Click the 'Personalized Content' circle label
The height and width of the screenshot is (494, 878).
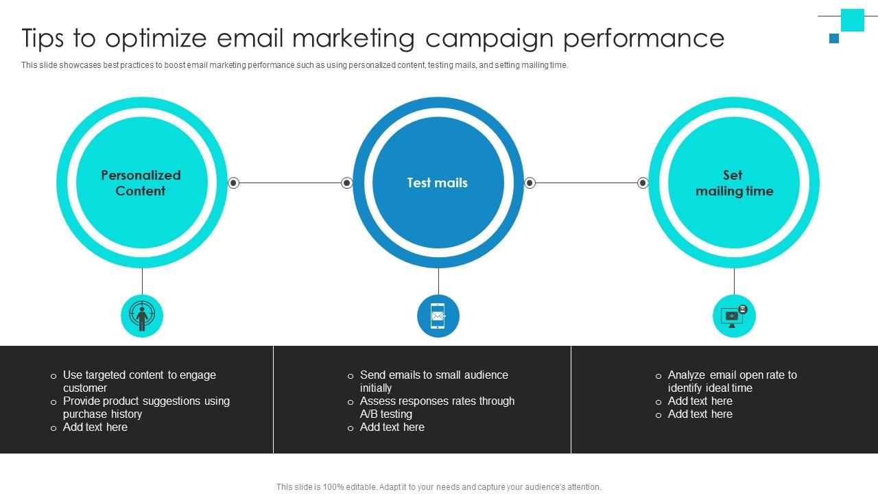(141, 183)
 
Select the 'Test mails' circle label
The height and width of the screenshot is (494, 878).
(438, 183)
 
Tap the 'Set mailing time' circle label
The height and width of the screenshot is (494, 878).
(734, 183)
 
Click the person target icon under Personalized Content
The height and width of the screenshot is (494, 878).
(142, 316)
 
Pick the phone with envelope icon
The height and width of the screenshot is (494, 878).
(438, 316)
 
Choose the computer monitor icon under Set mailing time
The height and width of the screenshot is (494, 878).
(734, 316)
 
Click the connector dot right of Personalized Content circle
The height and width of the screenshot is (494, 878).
(233, 183)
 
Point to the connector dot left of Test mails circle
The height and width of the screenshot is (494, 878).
(347, 183)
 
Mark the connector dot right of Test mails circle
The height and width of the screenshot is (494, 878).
(530, 183)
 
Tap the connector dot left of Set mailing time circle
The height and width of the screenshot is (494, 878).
(643, 183)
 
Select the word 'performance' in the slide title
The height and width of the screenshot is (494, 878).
(643, 38)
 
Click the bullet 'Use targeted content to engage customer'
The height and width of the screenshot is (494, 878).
(139, 381)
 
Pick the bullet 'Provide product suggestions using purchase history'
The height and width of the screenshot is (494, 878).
(146, 408)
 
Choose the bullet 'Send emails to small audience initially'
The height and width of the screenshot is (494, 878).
(434, 381)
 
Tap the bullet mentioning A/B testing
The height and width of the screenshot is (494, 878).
(437, 408)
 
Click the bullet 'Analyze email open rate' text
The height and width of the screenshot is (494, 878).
(732, 381)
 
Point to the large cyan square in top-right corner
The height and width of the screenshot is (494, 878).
(853, 20)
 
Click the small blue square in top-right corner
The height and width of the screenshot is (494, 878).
(834, 38)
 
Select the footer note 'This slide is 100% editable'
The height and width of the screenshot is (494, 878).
(439, 487)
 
